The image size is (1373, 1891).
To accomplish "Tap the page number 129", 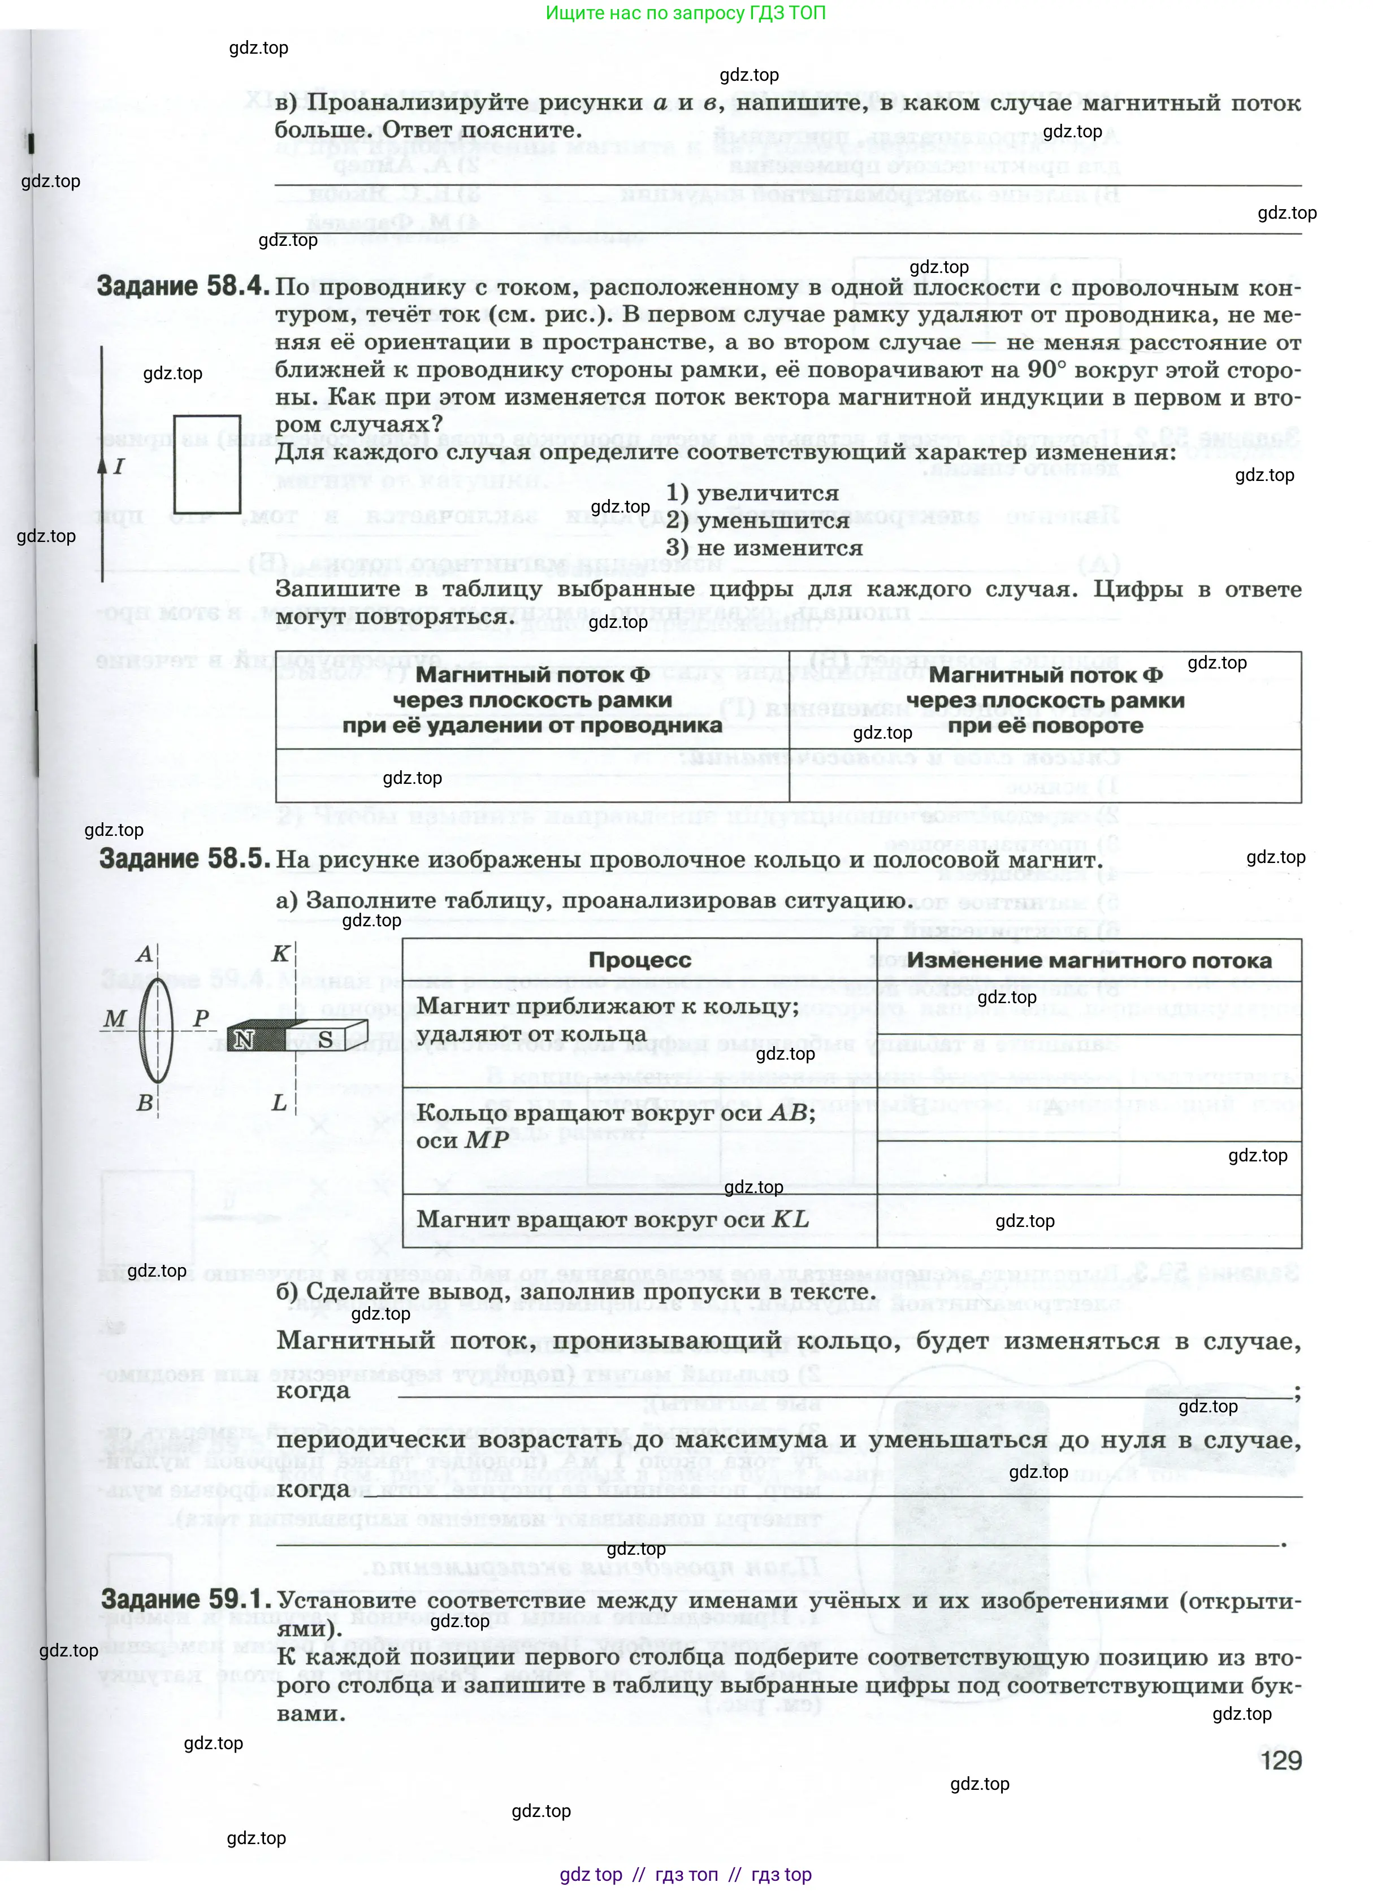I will (1280, 1760).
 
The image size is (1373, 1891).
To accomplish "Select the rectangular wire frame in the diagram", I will (207, 465).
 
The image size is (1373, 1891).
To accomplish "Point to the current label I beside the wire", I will (119, 466).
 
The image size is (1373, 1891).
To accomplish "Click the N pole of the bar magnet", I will (244, 1039).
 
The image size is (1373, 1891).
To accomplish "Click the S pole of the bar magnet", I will (326, 1039).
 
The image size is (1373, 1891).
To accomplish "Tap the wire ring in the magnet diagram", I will (156, 1030).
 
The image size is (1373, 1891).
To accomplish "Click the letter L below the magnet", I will (279, 1102).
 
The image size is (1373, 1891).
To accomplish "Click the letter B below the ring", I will (144, 1102).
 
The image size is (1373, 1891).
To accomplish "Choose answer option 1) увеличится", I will (752, 493).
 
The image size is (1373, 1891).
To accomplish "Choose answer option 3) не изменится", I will (764, 548).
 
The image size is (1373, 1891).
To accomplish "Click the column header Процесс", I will (640, 960).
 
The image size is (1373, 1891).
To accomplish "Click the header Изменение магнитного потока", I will (1089, 960).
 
